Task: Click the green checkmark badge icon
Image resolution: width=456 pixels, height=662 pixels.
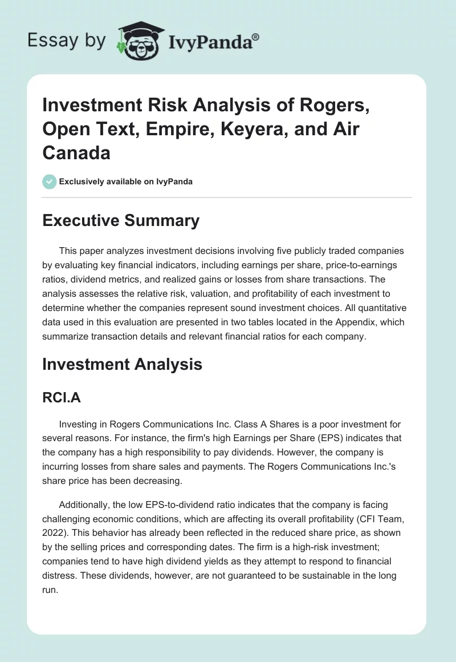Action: [x=49, y=181]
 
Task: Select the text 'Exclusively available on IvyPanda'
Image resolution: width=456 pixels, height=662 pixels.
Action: [x=125, y=181]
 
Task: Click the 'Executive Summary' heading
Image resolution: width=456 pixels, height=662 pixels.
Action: [x=121, y=220]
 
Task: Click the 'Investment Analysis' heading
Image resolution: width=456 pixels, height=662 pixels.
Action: [x=122, y=364]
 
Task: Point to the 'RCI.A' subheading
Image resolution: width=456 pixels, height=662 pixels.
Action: [x=62, y=398]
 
